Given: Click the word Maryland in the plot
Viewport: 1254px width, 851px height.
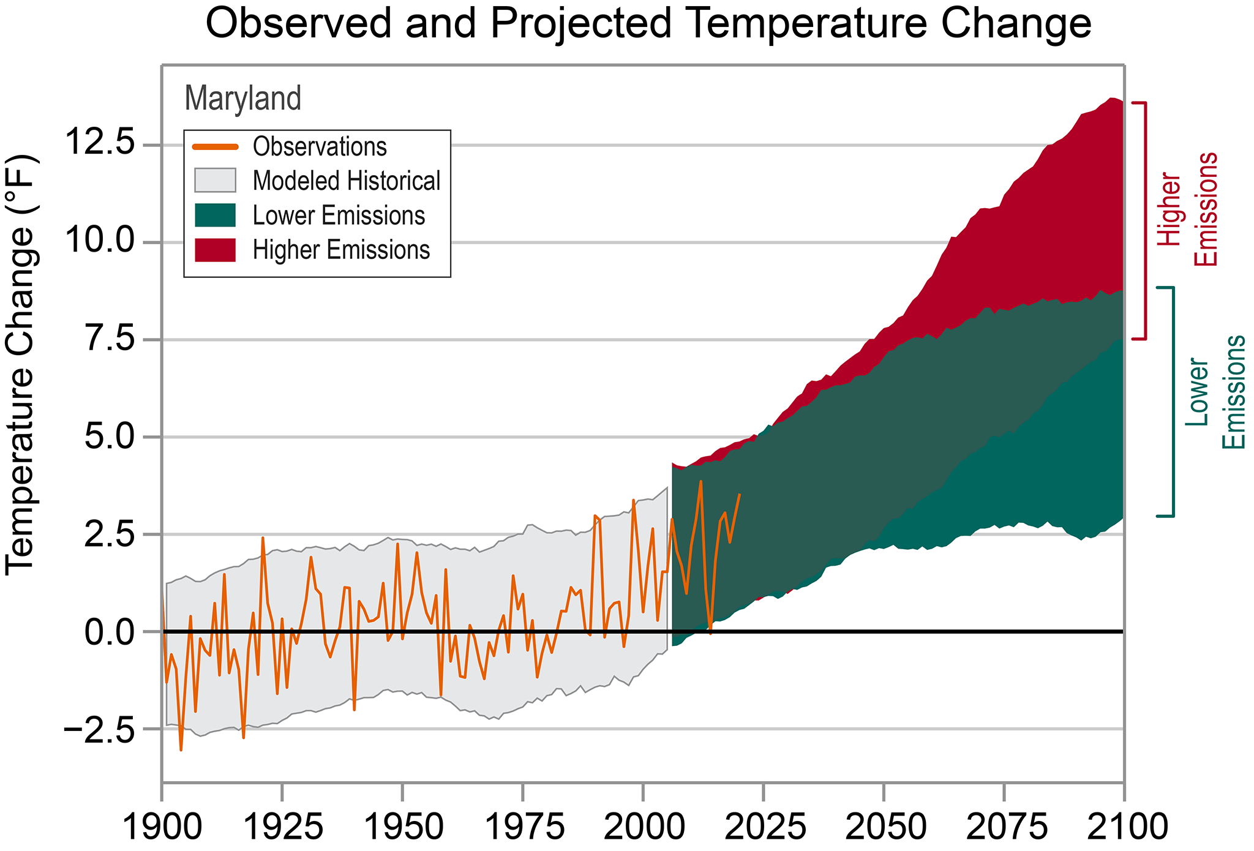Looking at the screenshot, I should (x=242, y=98).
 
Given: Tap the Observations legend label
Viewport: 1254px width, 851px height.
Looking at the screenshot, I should (x=320, y=147).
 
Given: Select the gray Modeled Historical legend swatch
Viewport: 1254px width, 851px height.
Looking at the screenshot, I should (x=215, y=181).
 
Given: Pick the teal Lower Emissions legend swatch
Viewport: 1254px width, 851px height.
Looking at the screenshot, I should (x=215, y=216).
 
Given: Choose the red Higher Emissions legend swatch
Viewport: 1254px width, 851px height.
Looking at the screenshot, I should (x=215, y=250).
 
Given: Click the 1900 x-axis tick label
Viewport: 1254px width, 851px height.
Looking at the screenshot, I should (x=162, y=827).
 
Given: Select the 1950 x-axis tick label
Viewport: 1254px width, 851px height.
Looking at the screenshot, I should (x=402, y=827).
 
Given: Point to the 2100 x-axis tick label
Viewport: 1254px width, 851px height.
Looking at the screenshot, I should (x=1123, y=827).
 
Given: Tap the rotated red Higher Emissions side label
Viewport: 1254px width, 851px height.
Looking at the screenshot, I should (x=1187, y=209).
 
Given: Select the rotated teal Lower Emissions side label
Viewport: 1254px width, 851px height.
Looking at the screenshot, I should (x=1215, y=392).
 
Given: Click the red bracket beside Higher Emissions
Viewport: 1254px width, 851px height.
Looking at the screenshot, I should (x=1144, y=220).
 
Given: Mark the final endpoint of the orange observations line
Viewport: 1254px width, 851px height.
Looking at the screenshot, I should (x=740, y=494).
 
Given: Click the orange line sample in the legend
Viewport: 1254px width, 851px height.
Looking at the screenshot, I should (x=215, y=147).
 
